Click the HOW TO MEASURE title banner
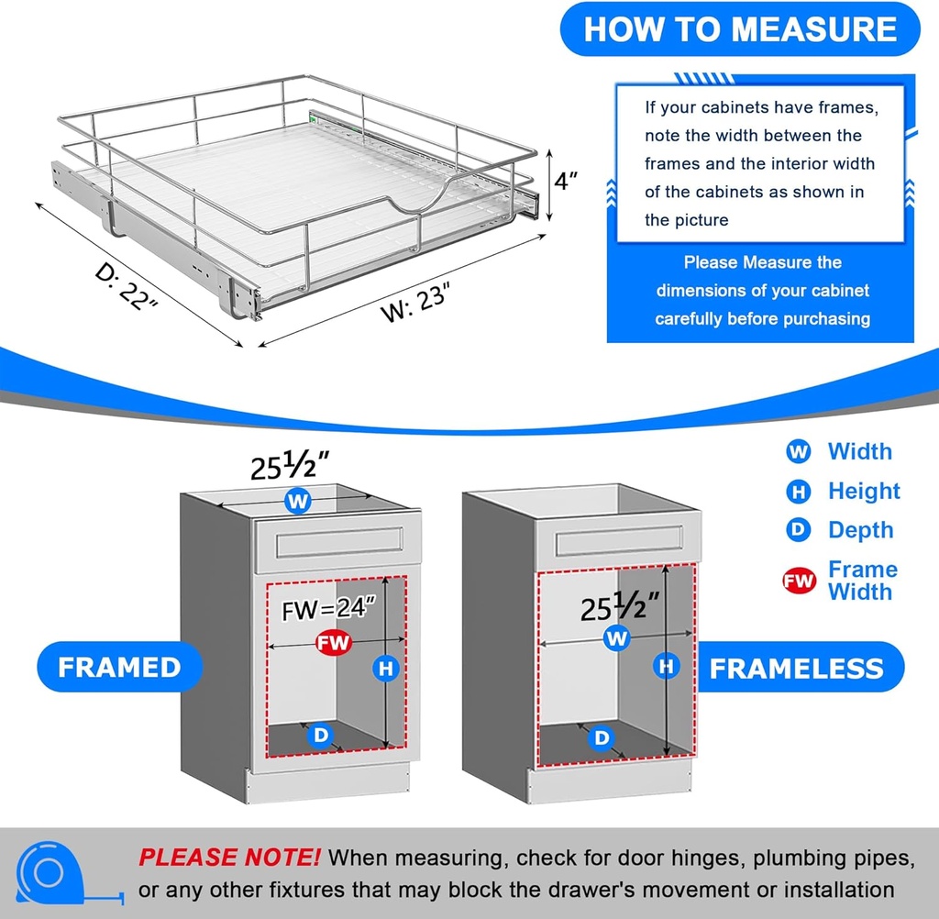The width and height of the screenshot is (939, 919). click(739, 29)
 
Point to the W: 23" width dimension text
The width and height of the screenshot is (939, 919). click(417, 302)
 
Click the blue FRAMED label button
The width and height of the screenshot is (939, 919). click(119, 667)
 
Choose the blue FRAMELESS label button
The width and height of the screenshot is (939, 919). click(795, 668)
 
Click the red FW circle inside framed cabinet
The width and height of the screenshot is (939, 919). click(334, 643)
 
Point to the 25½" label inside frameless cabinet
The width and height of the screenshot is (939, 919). click(621, 606)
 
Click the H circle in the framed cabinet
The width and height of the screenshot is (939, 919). click(386, 669)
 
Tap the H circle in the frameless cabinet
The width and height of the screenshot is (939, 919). click(667, 666)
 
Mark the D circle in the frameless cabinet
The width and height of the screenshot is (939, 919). click(602, 736)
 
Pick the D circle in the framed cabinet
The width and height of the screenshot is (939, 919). click(321, 734)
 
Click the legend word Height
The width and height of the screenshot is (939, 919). click(864, 491)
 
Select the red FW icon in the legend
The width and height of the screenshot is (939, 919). click(800, 581)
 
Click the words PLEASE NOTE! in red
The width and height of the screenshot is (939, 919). click(229, 858)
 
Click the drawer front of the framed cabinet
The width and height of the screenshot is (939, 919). click(339, 545)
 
